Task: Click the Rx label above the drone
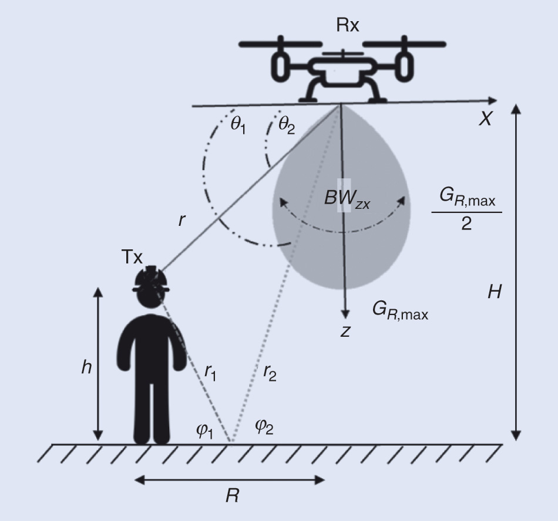click(348, 25)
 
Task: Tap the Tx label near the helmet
click(132, 256)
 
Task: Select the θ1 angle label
click(237, 126)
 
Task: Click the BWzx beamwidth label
click(347, 198)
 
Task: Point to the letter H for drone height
click(495, 291)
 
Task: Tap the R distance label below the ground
click(232, 496)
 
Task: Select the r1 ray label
click(210, 371)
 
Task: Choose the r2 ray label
click(270, 371)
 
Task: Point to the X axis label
click(485, 119)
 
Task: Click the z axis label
click(345, 331)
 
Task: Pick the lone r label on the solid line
click(183, 221)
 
